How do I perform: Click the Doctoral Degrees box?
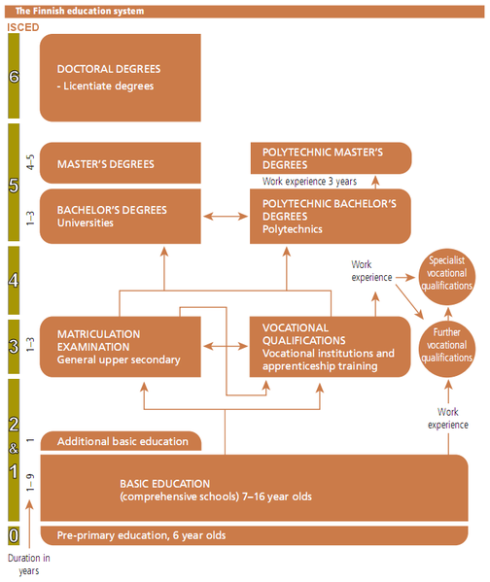point(121,78)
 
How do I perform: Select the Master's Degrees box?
point(121,163)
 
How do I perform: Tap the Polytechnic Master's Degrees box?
point(331,158)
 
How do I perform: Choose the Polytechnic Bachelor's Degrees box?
point(331,217)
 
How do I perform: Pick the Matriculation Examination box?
point(121,347)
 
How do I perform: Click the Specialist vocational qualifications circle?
point(447,277)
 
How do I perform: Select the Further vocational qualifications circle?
point(447,349)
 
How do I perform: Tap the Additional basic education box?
point(122,441)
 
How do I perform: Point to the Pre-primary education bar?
point(254,535)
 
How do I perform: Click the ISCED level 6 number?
point(14,77)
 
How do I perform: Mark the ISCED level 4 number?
point(14,280)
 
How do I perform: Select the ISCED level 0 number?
point(14,535)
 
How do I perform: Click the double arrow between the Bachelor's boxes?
point(226,216)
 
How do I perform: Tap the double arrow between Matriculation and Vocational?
point(226,346)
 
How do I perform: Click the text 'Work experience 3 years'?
point(309,181)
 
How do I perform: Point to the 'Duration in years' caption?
point(29,565)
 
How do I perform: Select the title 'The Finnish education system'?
point(80,11)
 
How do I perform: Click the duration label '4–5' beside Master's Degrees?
point(30,162)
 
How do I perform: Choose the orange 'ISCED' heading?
point(23,27)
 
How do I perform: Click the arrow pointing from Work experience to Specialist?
point(405,277)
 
